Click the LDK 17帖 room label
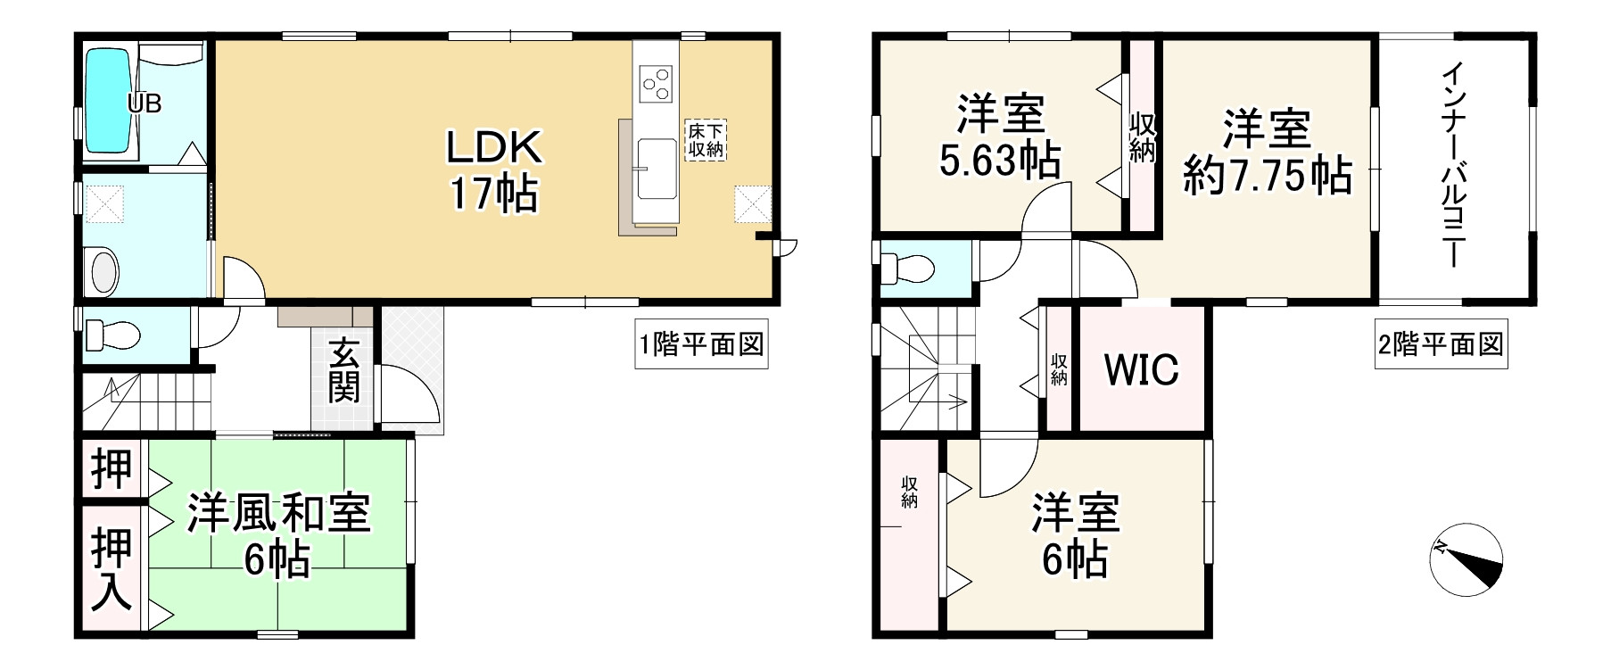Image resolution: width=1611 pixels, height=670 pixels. [x=493, y=170]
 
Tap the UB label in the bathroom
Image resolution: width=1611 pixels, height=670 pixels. [x=144, y=103]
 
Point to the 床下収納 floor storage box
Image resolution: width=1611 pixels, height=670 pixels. [x=705, y=139]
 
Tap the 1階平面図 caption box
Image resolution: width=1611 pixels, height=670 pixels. [x=701, y=344]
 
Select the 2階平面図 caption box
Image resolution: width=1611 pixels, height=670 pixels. [x=1440, y=344]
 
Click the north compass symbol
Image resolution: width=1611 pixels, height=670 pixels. [x=1466, y=558]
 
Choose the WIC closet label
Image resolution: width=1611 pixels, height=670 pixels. [x=1142, y=368]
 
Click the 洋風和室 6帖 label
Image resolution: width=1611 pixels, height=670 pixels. [x=278, y=536]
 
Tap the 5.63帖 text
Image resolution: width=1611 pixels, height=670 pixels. [x=1000, y=162]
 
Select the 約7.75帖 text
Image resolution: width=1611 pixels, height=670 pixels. [x=1266, y=176]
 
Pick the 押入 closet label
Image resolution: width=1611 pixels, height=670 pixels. [x=112, y=568]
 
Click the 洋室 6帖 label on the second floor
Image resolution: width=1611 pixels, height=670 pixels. [x=1075, y=535]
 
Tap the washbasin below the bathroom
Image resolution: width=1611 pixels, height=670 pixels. [x=104, y=269]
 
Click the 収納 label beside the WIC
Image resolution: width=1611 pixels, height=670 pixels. [x=1059, y=369]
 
